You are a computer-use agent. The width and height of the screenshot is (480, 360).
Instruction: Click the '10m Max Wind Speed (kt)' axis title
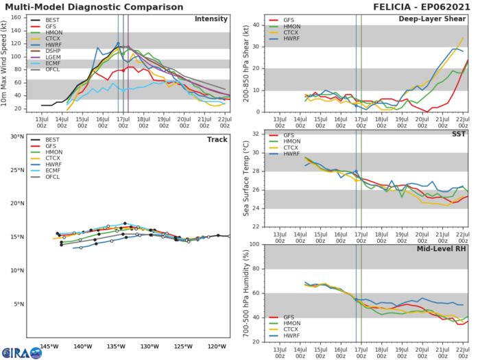coord(8,62)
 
